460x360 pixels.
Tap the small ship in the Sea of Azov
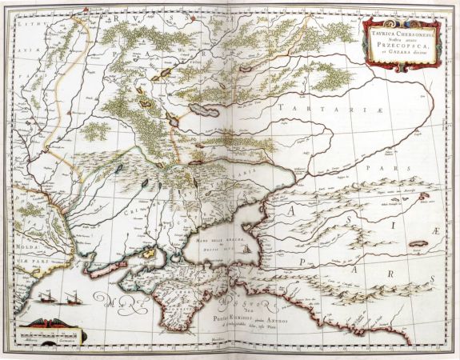point(246,250)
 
